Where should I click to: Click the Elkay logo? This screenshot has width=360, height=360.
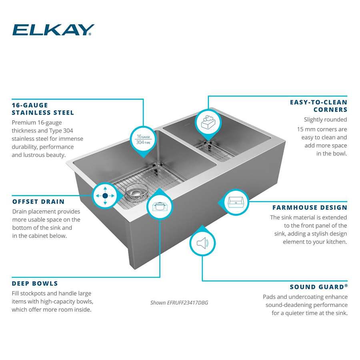tap(53, 30)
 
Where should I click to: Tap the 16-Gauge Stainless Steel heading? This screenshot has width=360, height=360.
tap(43, 108)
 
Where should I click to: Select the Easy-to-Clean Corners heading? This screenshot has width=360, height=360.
tap(318, 106)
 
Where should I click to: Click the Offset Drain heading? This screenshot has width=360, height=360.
tap(38, 201)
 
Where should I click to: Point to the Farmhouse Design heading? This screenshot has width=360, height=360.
tap(310, 207)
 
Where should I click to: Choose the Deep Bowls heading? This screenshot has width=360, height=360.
tap(35, 283)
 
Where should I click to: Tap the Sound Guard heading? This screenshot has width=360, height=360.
tap(318, 287)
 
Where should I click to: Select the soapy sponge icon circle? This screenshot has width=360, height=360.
tap(208, 122)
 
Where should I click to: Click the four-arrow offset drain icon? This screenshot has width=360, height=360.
tap(105, 196)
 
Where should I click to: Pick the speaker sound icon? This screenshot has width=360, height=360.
tap(202, 243)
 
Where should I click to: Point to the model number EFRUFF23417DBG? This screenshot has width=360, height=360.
tap(179, 303)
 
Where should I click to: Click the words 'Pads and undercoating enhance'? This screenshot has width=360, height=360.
tap(305, 297)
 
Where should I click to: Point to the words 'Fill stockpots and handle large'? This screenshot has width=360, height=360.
tap(52, 293)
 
